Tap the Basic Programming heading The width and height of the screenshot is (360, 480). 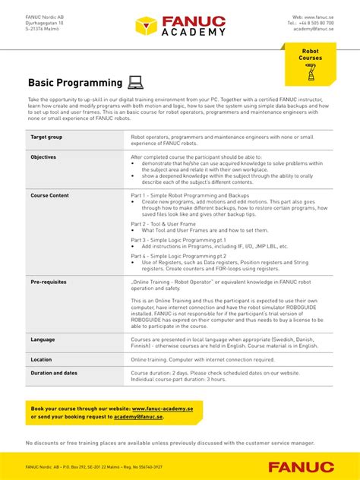click(x=75, y=83)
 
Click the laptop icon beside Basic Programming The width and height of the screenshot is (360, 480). click(x=136, y=82)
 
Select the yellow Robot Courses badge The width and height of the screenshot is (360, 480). click(x=310, y=63)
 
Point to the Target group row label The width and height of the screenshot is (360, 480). click(x=46, y=137)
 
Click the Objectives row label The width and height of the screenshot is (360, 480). click(x=43, y=157)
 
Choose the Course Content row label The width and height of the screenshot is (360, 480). click(x=49, y=195)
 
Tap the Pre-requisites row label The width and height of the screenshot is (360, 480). click(x=49, y=282)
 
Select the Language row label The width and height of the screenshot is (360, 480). click(x=43, y=339)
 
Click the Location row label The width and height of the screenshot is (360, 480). click(x=41, y=359)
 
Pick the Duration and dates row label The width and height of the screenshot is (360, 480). click(x=54, y=373)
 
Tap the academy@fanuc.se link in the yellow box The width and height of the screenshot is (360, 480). click(x=140, y=416)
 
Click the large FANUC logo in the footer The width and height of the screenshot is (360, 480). click(x=300, y=466)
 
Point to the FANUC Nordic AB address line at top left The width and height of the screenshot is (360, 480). click(x=43, y=17)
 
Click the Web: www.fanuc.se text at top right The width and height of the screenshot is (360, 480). click(x=314, y=17)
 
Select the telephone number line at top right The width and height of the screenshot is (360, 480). click(x=312, y=23)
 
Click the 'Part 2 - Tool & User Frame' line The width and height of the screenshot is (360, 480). click(x=163, y=224)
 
